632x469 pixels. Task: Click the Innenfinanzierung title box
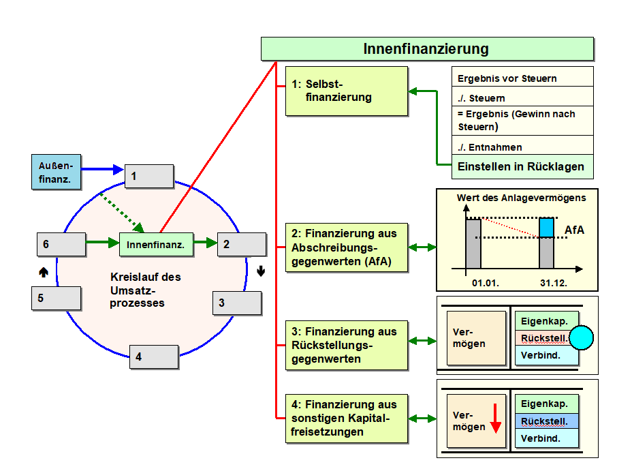tap(426, 49)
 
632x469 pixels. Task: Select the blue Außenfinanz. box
tap(56, 171)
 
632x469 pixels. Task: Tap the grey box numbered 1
tap(148, 176)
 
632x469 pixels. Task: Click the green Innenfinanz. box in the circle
tap(156, 243)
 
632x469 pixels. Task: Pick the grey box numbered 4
tap(154, 357)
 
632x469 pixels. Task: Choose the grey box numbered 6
tap(61, 243)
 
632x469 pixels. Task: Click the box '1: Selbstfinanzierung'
tap(346, 91)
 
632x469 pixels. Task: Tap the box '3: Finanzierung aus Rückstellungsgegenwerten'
tap(346, 346)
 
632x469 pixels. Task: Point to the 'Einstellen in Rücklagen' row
tap(521, 166)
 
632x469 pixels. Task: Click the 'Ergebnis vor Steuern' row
tap(522, 77)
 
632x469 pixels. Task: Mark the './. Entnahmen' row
tap(522, 147)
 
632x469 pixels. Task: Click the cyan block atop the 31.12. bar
tap(547, 228)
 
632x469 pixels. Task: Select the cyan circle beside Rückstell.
tap(582, 338)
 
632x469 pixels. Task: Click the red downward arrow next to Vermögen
tap(495, 418)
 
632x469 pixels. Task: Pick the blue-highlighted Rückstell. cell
tap(546, 421)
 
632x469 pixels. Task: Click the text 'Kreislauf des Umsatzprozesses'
tap(146, 290)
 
